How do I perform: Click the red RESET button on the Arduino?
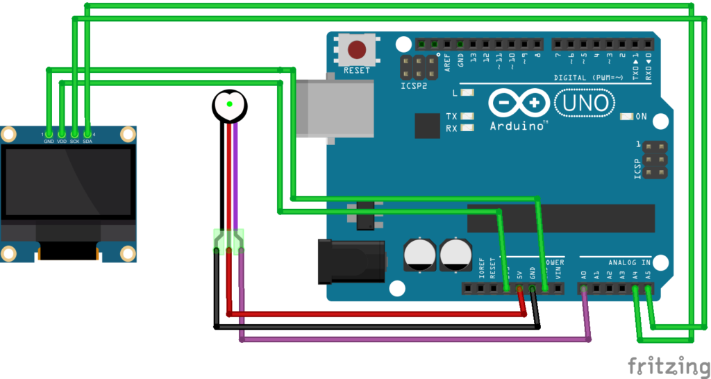(x=357, y=50)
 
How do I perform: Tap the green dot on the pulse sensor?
(x=229, y=105)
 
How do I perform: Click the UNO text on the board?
(x=585, y=103)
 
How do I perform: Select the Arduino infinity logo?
(x=515, y=103)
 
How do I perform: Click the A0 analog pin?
(x=583, y=288)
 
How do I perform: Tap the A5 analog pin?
(x=648, y=288)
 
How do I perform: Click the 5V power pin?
(x=519, y=288)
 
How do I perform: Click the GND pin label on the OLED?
(x=49, y=142)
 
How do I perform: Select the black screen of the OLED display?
(x=67, y=181)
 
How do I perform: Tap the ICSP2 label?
(x=414, y=86)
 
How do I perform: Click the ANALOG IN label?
(x=629, y=263)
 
